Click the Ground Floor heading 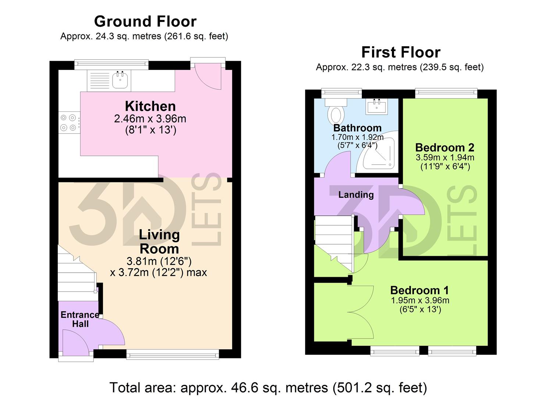tap(145, 22)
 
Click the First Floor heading tap(400, 53)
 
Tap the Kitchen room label tap(150, 106)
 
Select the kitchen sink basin tap(120, 80)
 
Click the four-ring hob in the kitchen tap(68, 123)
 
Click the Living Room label tap(159, 242)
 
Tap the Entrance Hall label tap(80, 319)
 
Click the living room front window tap(172, 354)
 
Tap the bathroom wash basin tap(377, 107)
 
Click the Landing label tap(356, 195)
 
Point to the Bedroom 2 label tap(445, 148)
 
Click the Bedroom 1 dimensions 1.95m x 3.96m tap(420, 300)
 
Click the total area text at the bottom tap(268, 387)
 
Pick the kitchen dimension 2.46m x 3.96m tap(150, 119)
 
